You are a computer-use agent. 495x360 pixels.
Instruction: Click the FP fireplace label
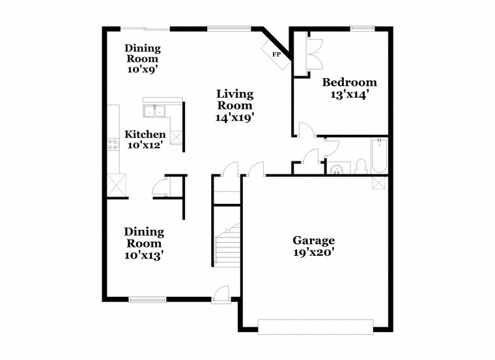pos(276,54)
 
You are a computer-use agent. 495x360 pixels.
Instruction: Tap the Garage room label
pos(313,240)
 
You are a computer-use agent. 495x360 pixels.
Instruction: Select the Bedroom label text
pos(350,83)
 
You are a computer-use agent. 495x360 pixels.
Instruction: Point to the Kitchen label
pos(150,135)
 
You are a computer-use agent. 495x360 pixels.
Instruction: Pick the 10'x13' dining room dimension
pos(144,255)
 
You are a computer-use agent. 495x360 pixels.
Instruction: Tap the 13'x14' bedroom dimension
pos(350,94)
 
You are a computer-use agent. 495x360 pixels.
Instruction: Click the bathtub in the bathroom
pos(379,156)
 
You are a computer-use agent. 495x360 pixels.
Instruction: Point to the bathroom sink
pos(336,169)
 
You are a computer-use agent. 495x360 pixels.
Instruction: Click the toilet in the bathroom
pos(361,167)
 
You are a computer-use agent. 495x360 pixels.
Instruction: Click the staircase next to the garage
pos(227,245)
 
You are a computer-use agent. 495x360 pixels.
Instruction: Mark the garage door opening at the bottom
pos(316,326)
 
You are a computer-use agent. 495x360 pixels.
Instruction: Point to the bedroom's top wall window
pos(362,28)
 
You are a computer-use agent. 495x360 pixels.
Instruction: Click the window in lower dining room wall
pos(147,299)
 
